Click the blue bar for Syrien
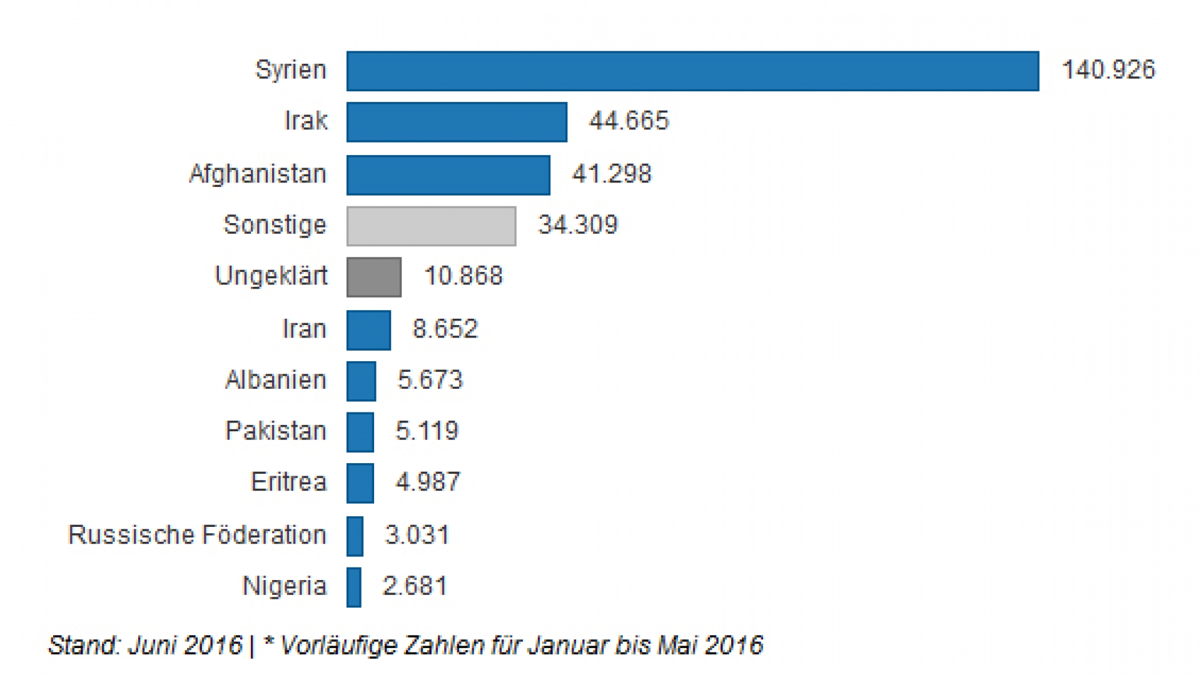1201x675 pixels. click(x=692, y=71)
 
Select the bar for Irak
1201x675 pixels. click(x=457, y=122)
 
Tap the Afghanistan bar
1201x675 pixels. click(x=448, y=175)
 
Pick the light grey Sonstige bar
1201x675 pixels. click(x=431, y=226)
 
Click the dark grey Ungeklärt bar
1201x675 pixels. click(x=374, y=277)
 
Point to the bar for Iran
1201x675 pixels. click(x=368, y=330)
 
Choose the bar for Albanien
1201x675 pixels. click(x=361, y=381)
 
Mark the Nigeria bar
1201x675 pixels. click(x=354, y=587)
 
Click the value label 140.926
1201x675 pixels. click(x=1108, y=69)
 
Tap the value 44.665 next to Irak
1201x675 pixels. click(x=629, y=121)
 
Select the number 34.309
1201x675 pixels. click(x=578, y=225)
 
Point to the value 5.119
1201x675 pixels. click(x=427, y=431)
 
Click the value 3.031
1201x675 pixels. click(x=417, y=535)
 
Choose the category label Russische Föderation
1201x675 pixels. click(x=197, y=535)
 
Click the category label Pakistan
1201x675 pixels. click(x=276, y=431)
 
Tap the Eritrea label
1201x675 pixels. click(x=288, y=482)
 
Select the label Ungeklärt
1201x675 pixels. click(x=271, y=276)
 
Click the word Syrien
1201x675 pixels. click(x=290, y=69)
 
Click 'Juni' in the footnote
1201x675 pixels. click(x=149, y=645)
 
